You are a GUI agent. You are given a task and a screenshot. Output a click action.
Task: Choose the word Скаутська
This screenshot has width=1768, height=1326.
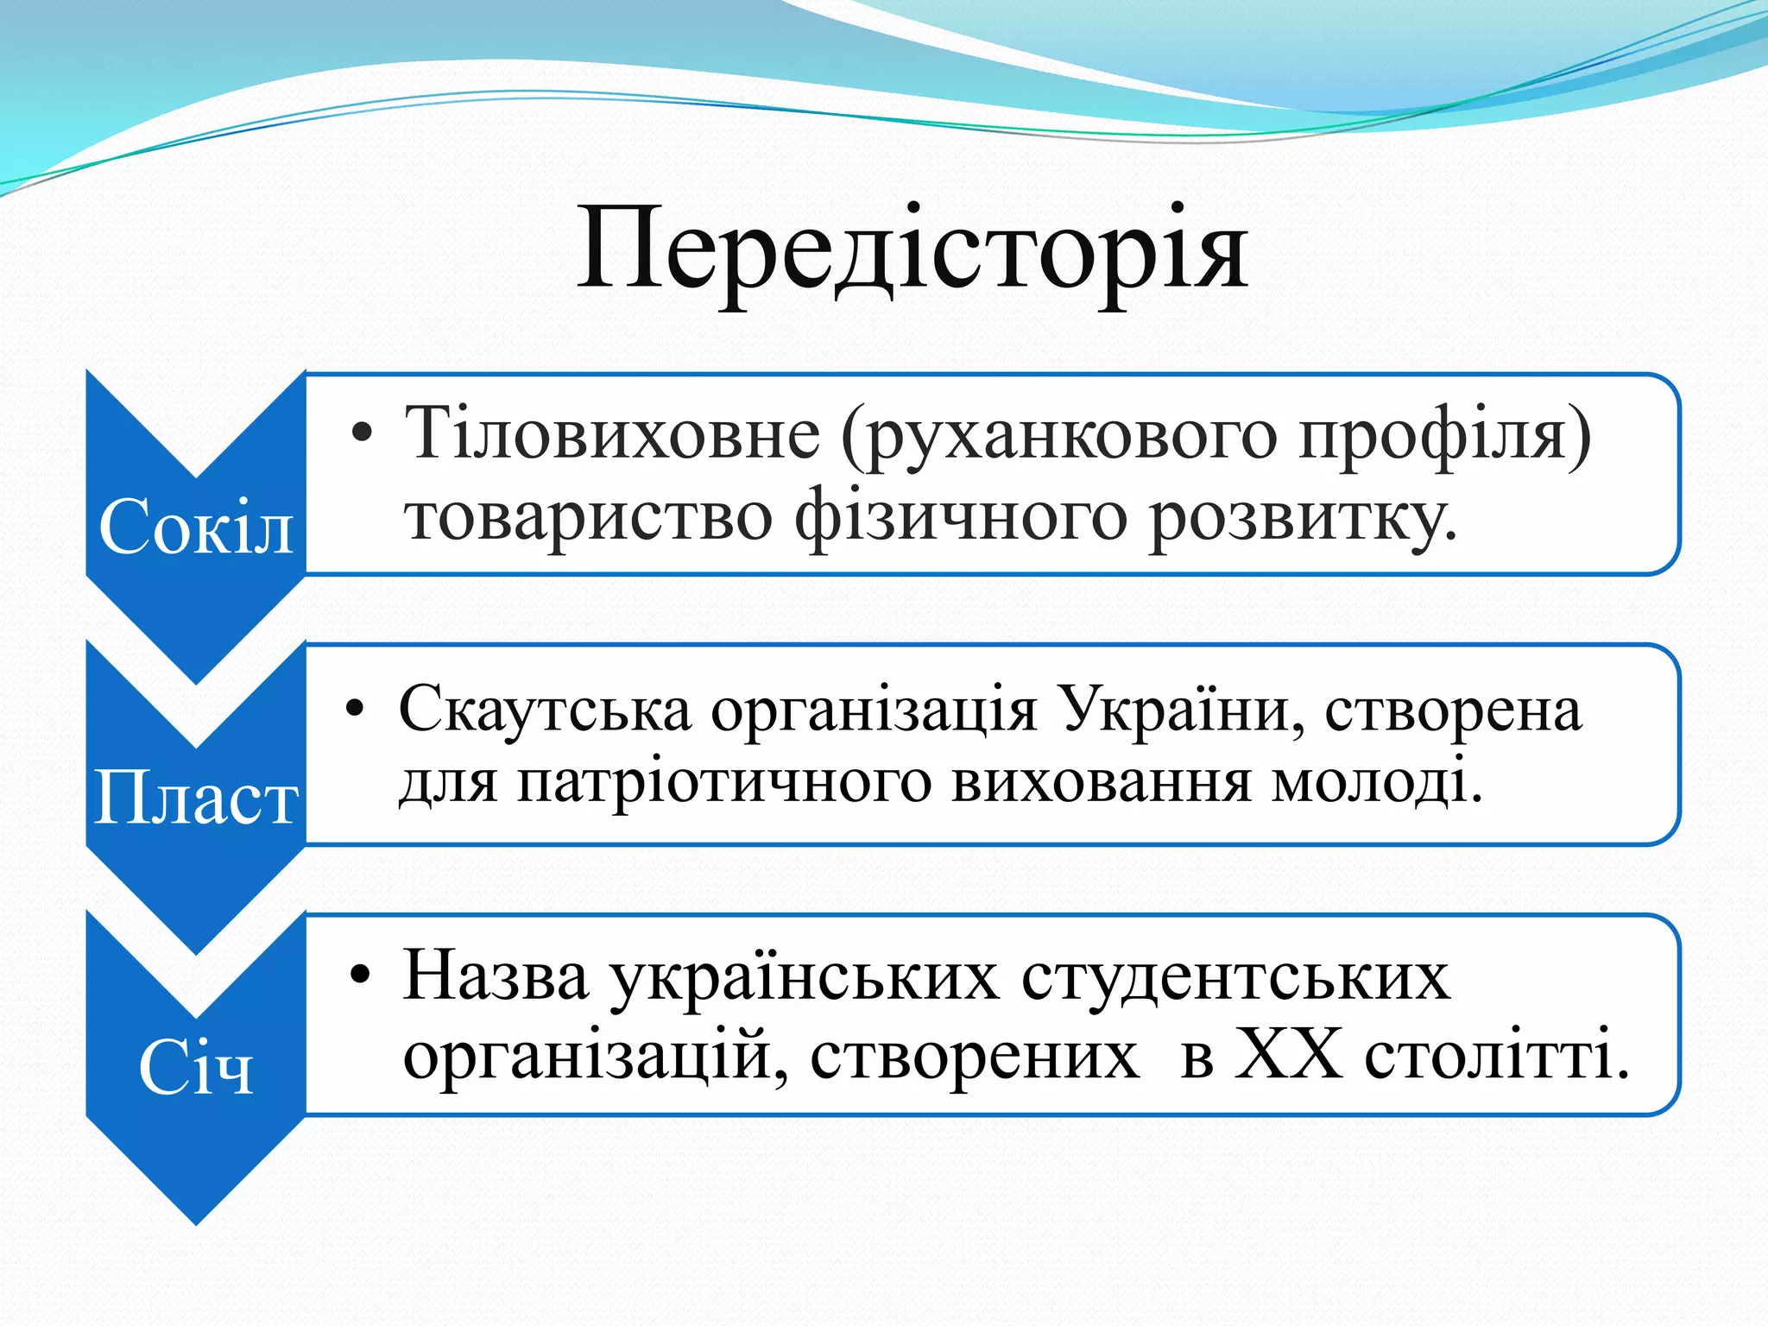pyautogui.click(x=546, y=711)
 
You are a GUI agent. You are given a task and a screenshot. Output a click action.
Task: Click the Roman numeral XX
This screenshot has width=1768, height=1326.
pyautogui.click(x=1288, y=1055)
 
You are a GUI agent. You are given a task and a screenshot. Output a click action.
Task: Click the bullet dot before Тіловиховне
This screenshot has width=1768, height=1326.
pyautogui.click(x=363, y=433)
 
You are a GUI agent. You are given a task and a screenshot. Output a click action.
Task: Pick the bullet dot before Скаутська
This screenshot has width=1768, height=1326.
pyautogui.click(x=356, y=710)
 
